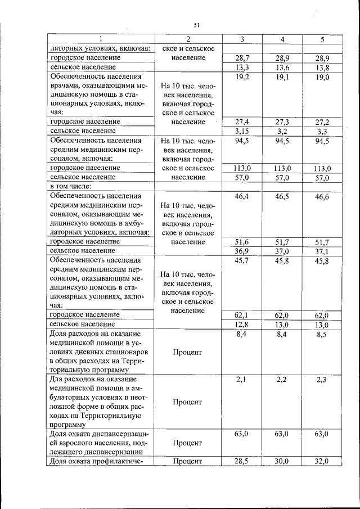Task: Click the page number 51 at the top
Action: pos(197,25)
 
